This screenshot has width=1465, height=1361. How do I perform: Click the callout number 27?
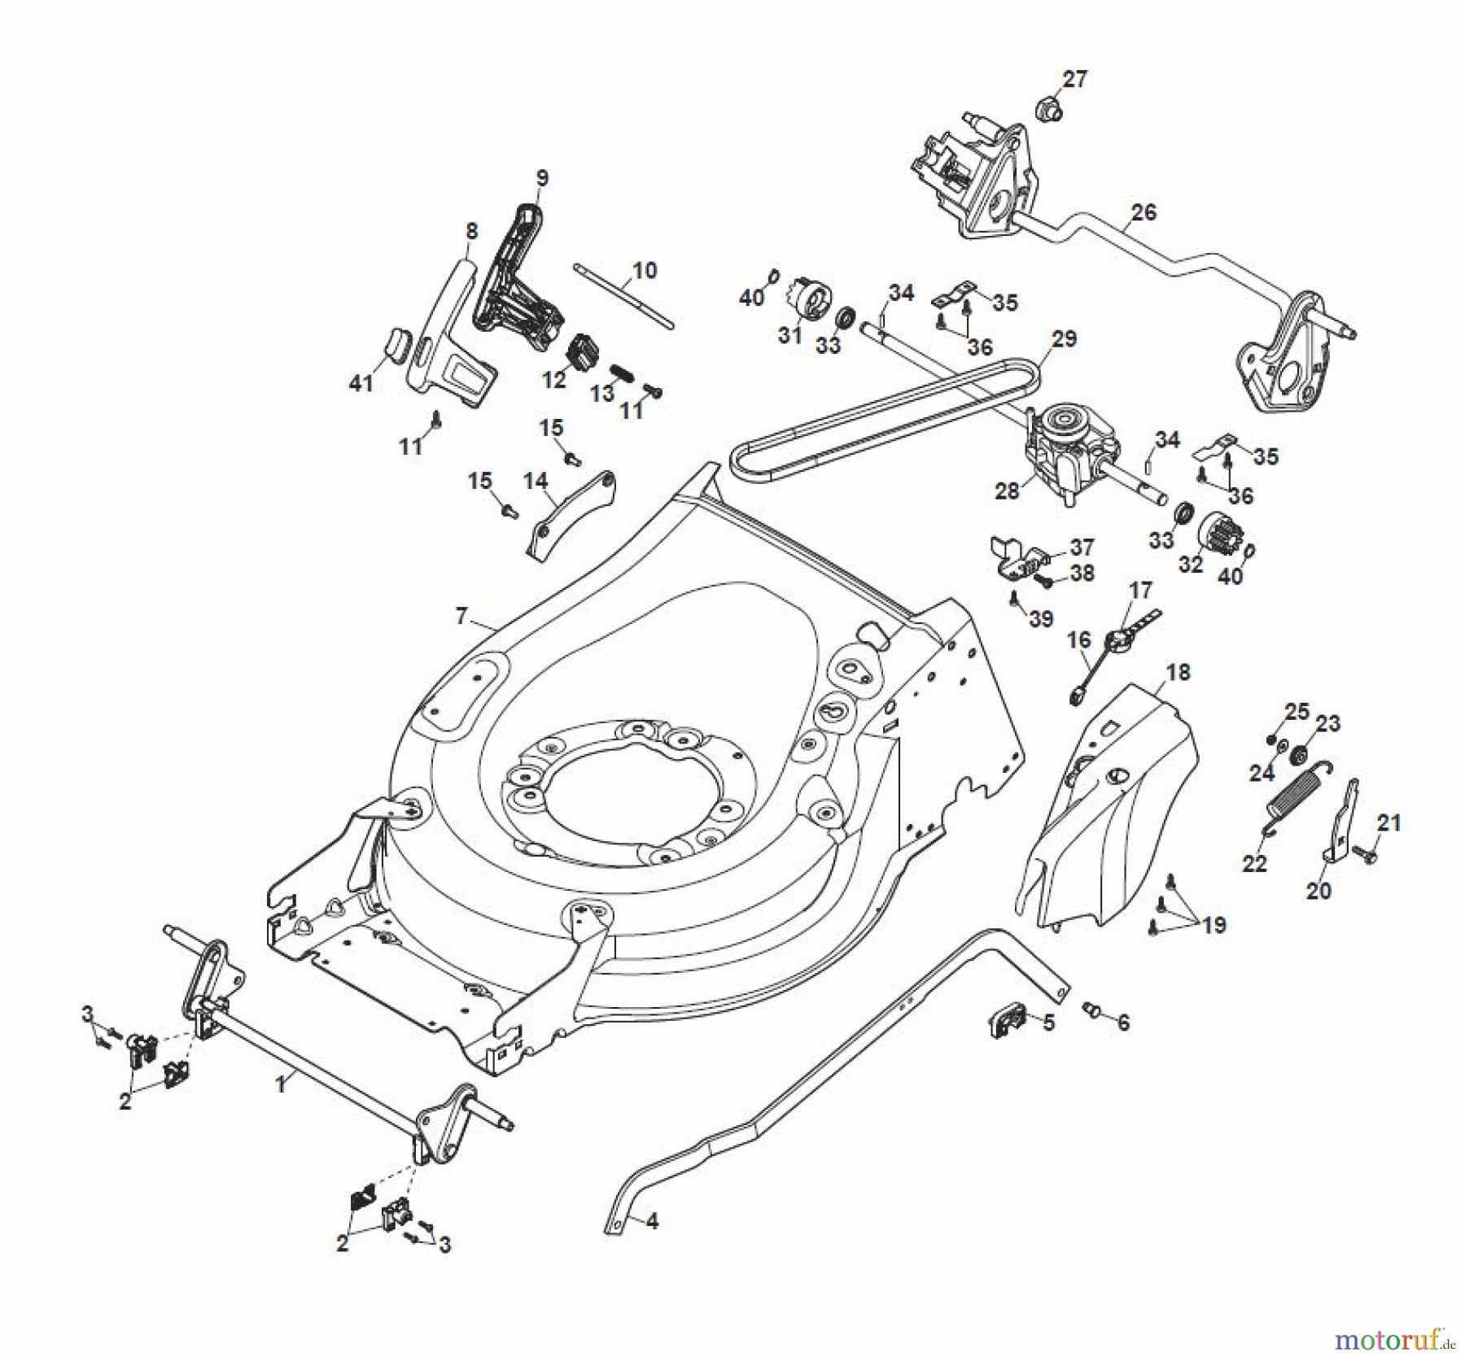coord(1075,79)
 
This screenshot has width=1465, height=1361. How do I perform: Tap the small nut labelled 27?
coord(1048,108)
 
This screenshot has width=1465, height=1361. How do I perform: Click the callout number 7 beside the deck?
coord(461,616)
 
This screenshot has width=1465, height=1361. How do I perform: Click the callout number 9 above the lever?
coord(542,177)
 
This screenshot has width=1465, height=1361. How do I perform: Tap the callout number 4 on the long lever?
coord(652,1221)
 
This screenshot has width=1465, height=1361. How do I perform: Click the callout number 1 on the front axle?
coord(281,1084)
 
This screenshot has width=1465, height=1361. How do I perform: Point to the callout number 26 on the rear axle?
coord(1144,212)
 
